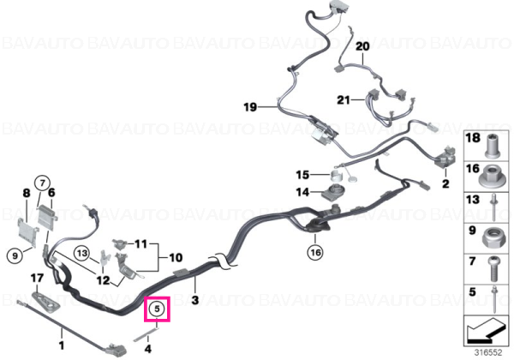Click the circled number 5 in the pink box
point(157,309)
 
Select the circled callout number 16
point(315,253)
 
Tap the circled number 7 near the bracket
point(42,183)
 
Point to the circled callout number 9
point(15,255)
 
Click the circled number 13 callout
point(82,253)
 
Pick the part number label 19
point(250,107)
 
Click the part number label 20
point(362,46)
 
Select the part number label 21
point(344,99)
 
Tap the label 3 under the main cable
point(195,300)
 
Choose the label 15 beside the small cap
point(302,175)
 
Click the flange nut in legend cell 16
point(491,177)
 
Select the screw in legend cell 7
point(494,269)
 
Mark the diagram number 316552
point(488,352)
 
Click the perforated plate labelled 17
point(46,301)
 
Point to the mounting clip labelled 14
point(333,192)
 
